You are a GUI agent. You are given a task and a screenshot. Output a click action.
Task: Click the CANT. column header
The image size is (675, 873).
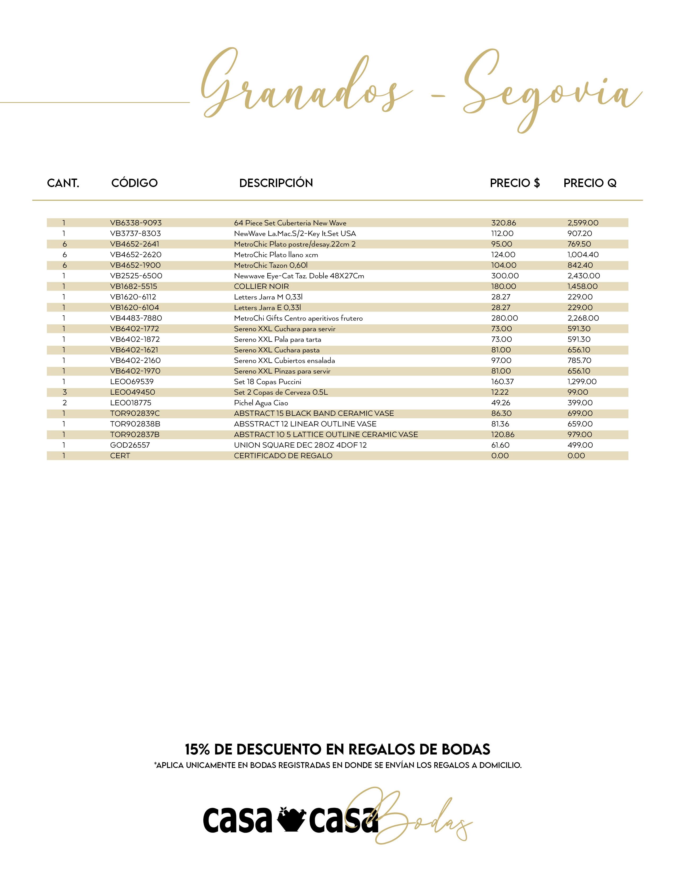click(x=63, y=183)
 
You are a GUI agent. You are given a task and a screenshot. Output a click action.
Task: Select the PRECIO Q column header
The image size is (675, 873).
click(x=589, y=183)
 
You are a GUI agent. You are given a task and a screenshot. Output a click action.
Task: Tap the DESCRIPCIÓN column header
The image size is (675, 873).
click(x=276, y=183)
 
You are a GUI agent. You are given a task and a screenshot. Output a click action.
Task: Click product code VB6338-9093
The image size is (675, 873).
click(x=136, y=223)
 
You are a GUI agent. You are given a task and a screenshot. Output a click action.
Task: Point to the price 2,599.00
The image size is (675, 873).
click(x=583, y=223)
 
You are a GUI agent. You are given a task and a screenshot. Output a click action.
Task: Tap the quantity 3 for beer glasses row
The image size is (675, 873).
click(x=64, y=392)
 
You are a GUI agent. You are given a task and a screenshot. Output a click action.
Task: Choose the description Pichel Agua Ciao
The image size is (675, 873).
click(x=261, y=403)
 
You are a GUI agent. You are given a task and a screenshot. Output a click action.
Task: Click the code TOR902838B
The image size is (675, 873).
click(x=135, y=424)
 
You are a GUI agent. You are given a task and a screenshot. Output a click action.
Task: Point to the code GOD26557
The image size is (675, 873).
click(x=130, y=445)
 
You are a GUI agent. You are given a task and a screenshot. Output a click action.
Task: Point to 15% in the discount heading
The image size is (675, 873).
click(x=197, y=749)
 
